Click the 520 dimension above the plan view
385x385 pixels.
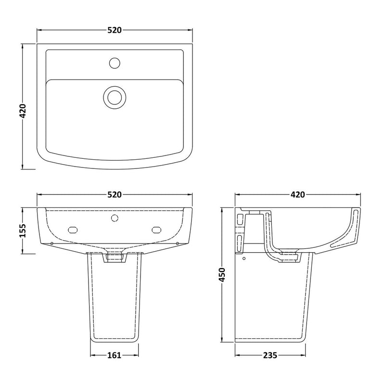pos(114,30)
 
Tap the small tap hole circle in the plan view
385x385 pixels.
pos(115,63)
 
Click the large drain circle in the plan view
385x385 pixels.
pos(114,96)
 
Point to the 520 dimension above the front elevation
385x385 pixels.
pos(114,195)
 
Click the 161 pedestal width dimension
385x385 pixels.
pos(114,356)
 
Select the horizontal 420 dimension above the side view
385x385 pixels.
pos(297,195)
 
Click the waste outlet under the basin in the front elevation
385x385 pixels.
pos(114,258)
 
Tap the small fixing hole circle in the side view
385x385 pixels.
pos(244,259)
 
